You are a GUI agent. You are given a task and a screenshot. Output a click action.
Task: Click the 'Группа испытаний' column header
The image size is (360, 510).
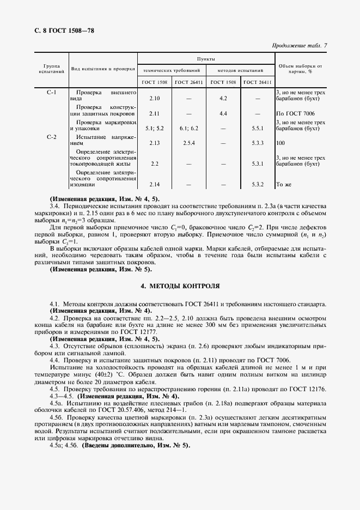[x=51, y=68]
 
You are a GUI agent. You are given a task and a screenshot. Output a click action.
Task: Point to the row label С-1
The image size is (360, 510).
[x=51, y=93]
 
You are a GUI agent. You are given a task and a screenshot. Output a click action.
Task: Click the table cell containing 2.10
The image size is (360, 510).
[x=154, y=99]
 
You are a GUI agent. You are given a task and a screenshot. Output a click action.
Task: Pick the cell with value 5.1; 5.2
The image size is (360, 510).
[x=154, y=128]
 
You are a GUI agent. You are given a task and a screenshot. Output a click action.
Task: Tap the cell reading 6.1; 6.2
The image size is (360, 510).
[x=188, y=128]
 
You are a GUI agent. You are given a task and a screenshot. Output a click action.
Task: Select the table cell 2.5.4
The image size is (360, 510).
[x=188, y=143]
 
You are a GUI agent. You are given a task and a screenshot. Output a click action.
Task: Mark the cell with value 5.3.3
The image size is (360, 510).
[x=258, y=143]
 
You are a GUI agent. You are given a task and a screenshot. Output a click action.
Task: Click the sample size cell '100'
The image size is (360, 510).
[x=281, y=143]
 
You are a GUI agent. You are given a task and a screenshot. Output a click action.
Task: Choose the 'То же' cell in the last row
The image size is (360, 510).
[x=283, y=185]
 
